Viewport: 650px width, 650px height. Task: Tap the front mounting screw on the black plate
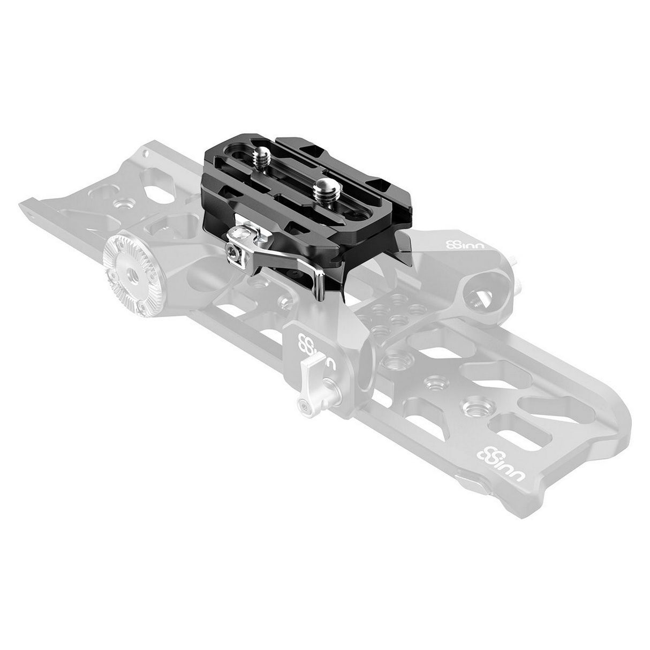pos(324,187)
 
